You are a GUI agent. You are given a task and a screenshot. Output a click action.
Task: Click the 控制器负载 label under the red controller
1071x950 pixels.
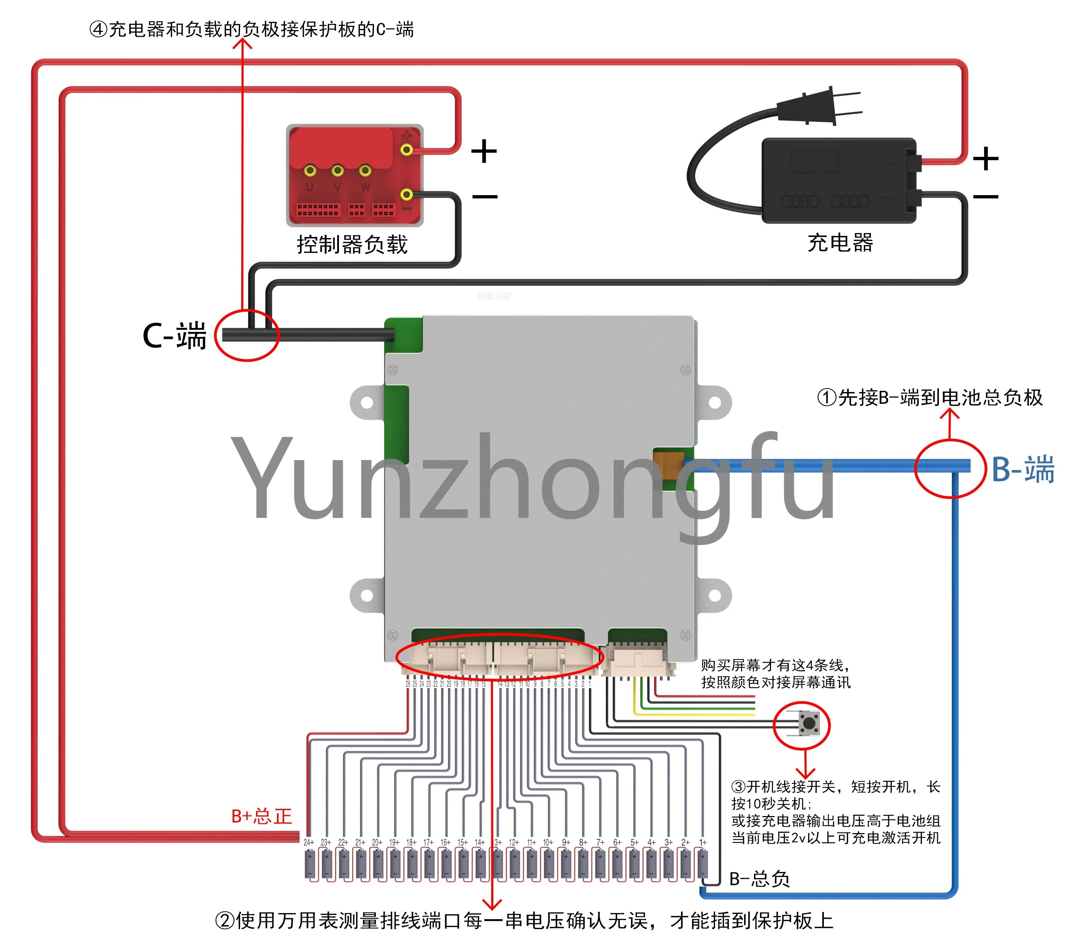[352, 244]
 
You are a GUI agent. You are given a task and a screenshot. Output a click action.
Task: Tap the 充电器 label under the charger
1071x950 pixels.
[840, 243]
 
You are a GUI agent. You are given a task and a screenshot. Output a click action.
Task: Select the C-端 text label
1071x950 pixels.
[175, 335]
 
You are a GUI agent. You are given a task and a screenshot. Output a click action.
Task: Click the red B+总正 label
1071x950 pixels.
[261, 816]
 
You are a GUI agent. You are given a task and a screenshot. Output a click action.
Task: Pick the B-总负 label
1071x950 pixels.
[759, 878]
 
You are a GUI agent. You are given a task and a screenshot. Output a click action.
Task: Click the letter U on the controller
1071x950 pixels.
[310, 187]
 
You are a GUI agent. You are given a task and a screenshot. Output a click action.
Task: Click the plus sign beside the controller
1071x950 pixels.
[484, 152]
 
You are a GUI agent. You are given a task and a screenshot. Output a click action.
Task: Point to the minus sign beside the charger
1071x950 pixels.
[986, 197]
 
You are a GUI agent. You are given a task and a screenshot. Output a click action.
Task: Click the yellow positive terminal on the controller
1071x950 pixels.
[407, 150]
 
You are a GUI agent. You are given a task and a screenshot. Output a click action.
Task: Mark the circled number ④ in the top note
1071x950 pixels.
[98, 29]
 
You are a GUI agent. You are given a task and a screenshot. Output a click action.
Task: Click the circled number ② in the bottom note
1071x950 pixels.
[225, 920]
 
